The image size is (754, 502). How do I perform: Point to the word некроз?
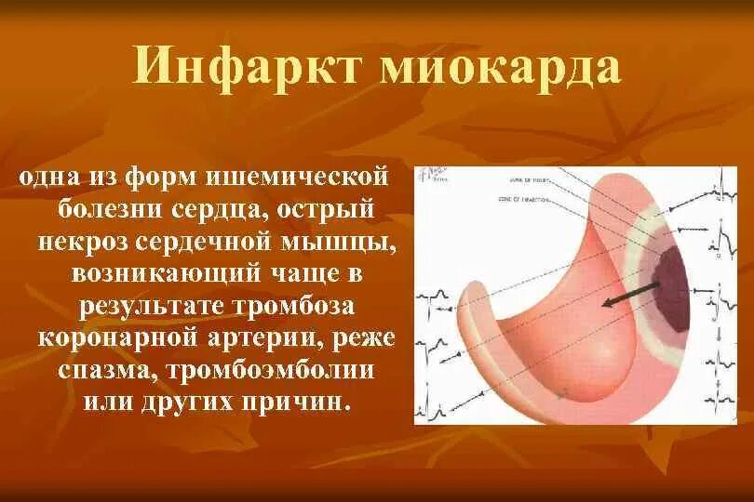pos(91,241)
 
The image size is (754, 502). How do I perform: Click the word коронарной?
pos(120,338)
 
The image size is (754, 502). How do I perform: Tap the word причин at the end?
pos(303,403)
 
